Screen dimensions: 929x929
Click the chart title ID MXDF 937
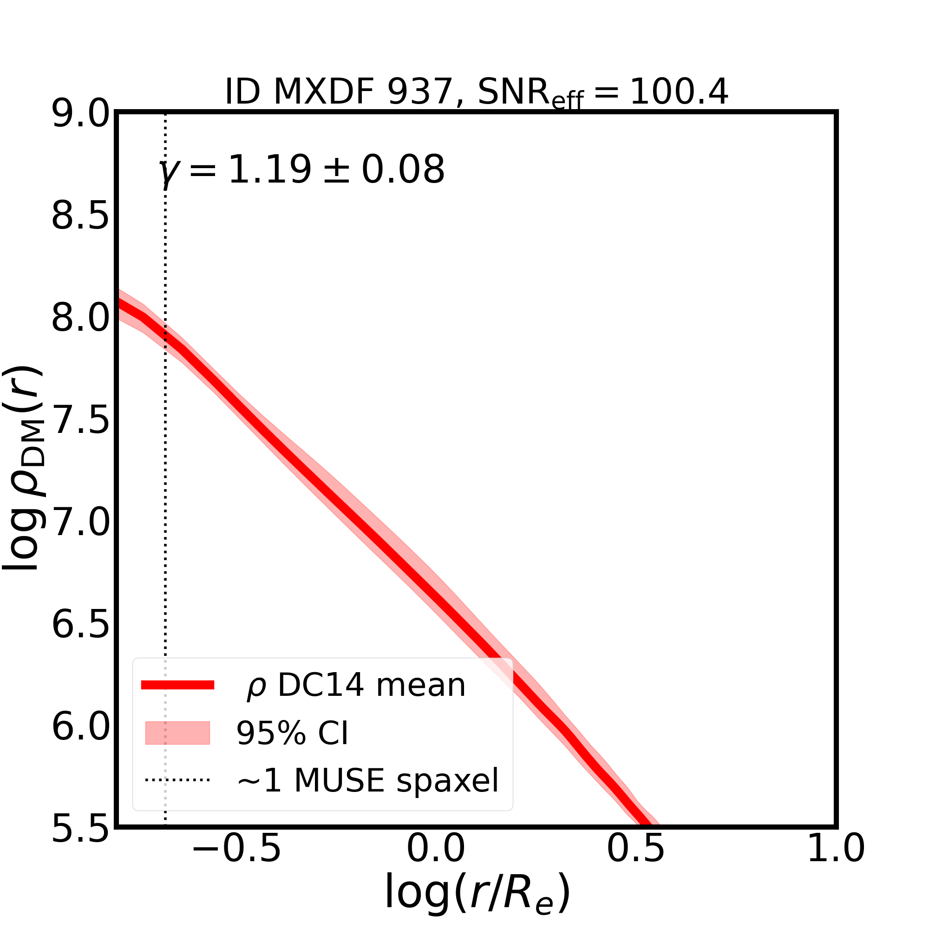click(x=476, y=92)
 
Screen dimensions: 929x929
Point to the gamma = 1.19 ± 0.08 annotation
click(x=301, y=170)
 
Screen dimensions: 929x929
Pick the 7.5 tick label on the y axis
click(x=80, y=421)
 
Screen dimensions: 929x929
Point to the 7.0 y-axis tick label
click(x=80, y=523)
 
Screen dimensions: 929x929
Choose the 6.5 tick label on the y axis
click(x=80, y=625)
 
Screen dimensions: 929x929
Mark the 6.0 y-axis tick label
click(x=80, y=727)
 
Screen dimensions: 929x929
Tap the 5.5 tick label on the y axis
click(x=80, y=829)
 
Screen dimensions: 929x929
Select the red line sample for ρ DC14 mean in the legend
click(x=177, y=685)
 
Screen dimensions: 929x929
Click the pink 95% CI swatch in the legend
click(x=177, y=733)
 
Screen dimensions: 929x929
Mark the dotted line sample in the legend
click(x=177, y=779)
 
